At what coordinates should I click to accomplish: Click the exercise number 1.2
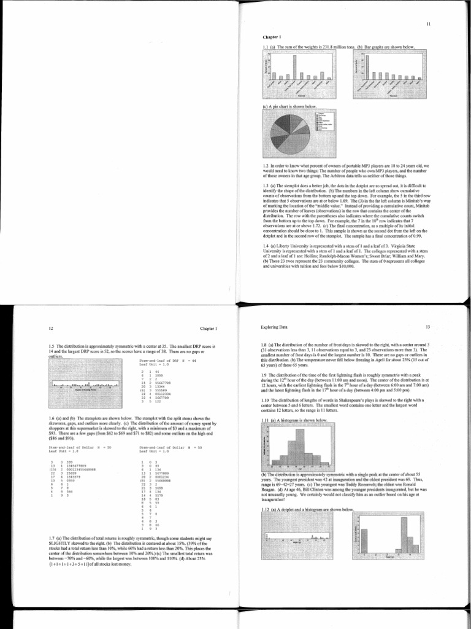265,165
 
